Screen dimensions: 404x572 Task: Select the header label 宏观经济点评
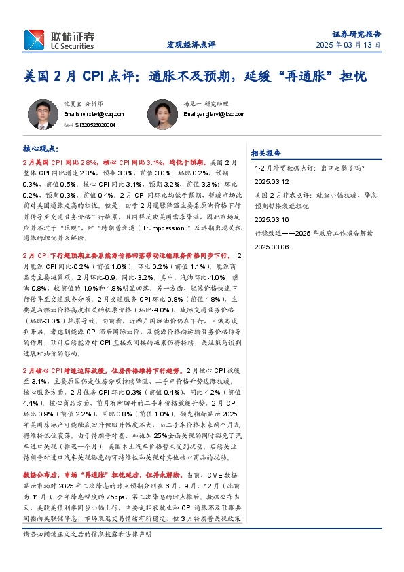click(x=191, y=45)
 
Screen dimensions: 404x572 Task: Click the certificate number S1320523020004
click(x=88, y=125)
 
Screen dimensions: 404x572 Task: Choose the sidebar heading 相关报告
click(x=266, y=153)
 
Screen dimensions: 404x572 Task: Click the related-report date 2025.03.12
click(x=272, y=182)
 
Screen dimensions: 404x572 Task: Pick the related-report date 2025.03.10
click(x=272, y=220)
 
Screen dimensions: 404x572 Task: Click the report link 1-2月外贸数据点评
click(x=310, y=168)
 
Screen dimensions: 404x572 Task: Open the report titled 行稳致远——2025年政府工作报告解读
click(x=315, y=233)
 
